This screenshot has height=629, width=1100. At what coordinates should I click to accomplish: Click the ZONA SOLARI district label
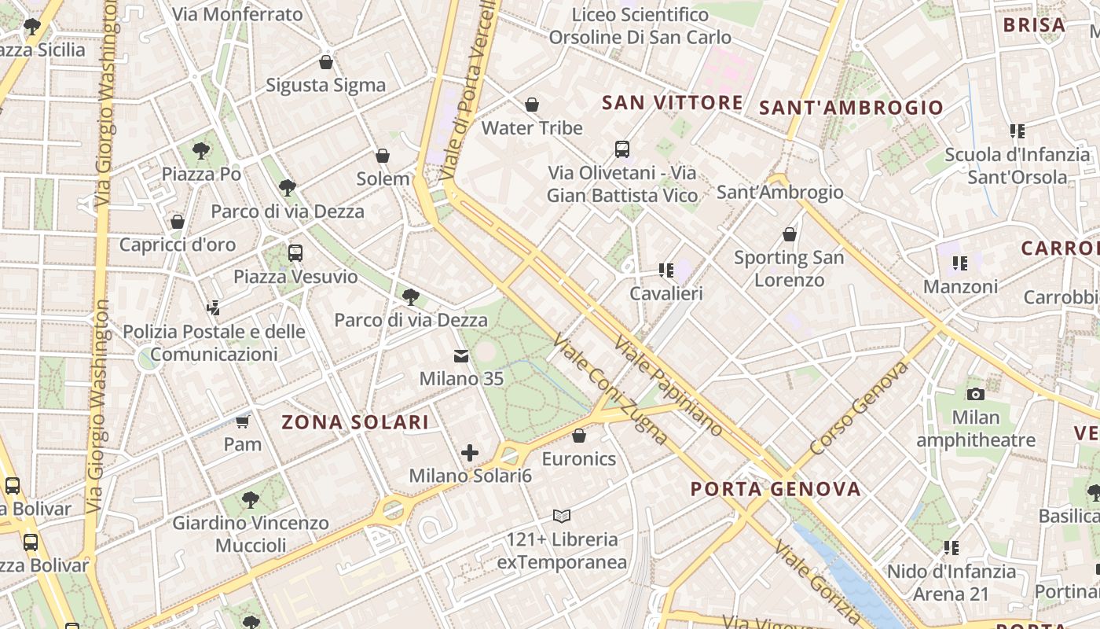tap(355, 422)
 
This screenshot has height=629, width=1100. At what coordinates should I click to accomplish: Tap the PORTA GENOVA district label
tap(775, 489)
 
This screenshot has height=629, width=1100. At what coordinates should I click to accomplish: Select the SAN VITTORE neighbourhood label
tap(672, 102)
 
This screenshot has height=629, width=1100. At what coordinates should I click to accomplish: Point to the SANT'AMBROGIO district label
tap(851, 108)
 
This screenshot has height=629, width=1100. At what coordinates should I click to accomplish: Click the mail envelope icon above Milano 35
tap(461, 357)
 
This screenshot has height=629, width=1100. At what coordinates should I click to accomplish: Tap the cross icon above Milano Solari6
tap(470, 453)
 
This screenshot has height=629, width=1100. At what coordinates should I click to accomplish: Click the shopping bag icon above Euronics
tap(579, 436)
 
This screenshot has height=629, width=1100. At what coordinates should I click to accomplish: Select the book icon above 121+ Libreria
tap(562, 517)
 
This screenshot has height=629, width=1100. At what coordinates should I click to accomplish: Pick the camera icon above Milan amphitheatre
tap(976, 394)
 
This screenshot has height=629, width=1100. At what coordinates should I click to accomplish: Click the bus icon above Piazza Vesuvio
tap(295, 253)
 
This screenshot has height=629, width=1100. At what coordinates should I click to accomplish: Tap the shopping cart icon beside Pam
tap(242, 422)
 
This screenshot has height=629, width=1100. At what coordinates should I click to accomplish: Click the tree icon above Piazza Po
tap(201, 149)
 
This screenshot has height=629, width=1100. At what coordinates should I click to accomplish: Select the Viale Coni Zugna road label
tap(610, 388)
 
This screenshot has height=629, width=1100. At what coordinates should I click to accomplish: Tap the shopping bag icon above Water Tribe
tap(532, 105)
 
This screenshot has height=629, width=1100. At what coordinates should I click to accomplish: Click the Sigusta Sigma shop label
tap(325, 85)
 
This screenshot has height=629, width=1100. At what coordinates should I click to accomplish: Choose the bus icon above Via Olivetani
tap(622, 149)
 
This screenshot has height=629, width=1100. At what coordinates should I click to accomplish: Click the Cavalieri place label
tap(666, 293)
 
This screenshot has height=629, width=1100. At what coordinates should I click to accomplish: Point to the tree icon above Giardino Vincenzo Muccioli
tap(251, 499)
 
